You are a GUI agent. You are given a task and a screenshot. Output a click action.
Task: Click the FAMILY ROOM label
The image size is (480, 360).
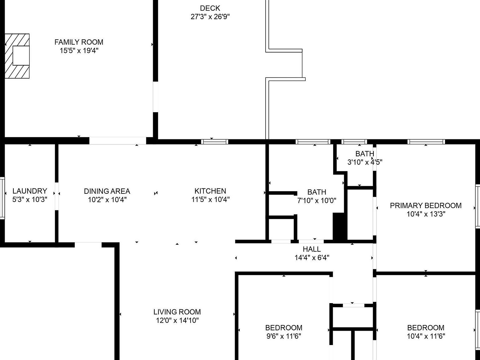coord(79,42)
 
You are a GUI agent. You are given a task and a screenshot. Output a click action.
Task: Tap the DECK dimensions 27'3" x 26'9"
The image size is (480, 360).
coord(210,17)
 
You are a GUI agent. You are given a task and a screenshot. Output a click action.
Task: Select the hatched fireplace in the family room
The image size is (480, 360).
coord(17,56)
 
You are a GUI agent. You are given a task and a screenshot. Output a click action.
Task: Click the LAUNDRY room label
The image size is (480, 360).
coord(30,191)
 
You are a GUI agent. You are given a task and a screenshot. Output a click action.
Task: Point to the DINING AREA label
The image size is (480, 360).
coord(107,191)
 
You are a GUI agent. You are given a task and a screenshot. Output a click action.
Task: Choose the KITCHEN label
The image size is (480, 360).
coord(210,191)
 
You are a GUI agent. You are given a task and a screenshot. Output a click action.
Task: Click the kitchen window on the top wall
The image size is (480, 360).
coord(214,142)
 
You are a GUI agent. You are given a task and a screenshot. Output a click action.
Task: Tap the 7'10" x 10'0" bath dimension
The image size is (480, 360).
coord(317,201)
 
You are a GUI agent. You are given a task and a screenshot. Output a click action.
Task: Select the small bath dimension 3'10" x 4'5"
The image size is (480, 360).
coord(365,162)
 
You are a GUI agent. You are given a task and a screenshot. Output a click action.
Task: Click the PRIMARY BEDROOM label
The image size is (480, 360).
coord(426,206)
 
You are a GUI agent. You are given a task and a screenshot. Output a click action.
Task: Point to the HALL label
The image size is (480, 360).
coord(312,249)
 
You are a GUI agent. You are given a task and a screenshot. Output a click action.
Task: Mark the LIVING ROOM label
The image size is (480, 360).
coord(177,312)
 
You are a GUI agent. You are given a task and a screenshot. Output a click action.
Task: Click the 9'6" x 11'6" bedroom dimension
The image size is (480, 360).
coord(284,336)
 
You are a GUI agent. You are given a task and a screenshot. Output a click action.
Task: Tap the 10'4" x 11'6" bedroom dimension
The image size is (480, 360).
coord(426,336)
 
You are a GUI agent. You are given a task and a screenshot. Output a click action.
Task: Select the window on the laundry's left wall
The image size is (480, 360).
coord(2,198)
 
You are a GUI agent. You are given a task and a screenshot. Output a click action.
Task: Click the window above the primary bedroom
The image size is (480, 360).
coord(426,142)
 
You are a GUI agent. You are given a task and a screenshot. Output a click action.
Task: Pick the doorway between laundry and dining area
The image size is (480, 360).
coord(57,196)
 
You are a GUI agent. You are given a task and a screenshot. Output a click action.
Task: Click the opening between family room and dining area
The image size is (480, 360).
coord(117,141)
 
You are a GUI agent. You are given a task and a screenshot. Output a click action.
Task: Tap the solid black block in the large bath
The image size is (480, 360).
coord(340,226)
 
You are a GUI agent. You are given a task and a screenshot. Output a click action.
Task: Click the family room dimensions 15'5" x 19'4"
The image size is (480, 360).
coord(79,51)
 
